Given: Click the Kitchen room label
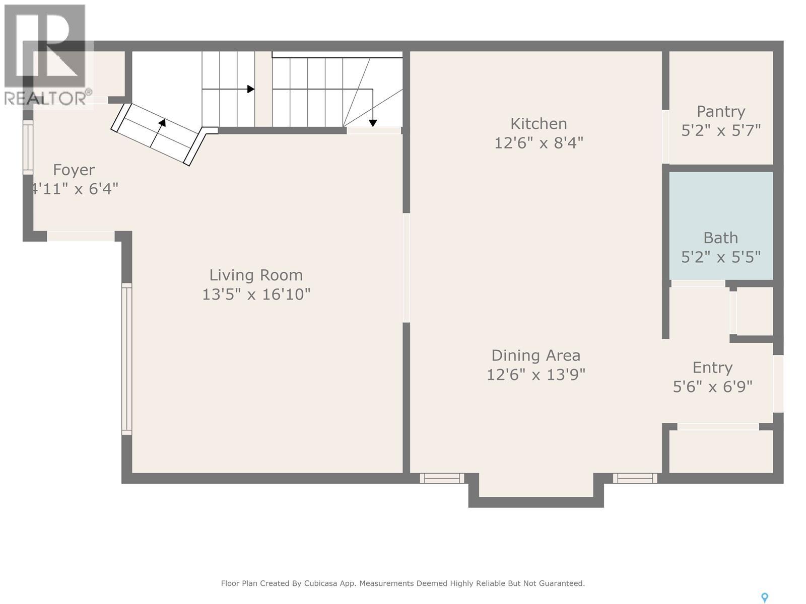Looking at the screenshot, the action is pos(539,124).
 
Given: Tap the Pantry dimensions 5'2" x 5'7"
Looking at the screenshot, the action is pos(721,130).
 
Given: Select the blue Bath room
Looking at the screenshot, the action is pos(721,225).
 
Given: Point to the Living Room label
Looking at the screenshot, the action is pos(256,275).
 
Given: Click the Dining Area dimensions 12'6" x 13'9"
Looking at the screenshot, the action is pos(536,375).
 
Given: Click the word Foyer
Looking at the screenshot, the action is pos(74,170).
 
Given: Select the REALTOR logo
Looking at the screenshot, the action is pos(45,55).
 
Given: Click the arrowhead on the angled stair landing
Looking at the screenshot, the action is pos(162,122).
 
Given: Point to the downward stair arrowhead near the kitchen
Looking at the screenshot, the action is pos(373,124).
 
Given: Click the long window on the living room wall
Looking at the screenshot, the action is pos(126,359).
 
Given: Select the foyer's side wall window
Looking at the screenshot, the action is pos(28,147).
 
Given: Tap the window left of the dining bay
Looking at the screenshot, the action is pos(442,478).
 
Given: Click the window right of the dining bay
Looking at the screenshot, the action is pos(635,478).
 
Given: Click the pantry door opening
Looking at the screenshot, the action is pos(665,136).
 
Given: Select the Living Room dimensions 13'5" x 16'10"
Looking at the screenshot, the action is pos(256,294).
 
